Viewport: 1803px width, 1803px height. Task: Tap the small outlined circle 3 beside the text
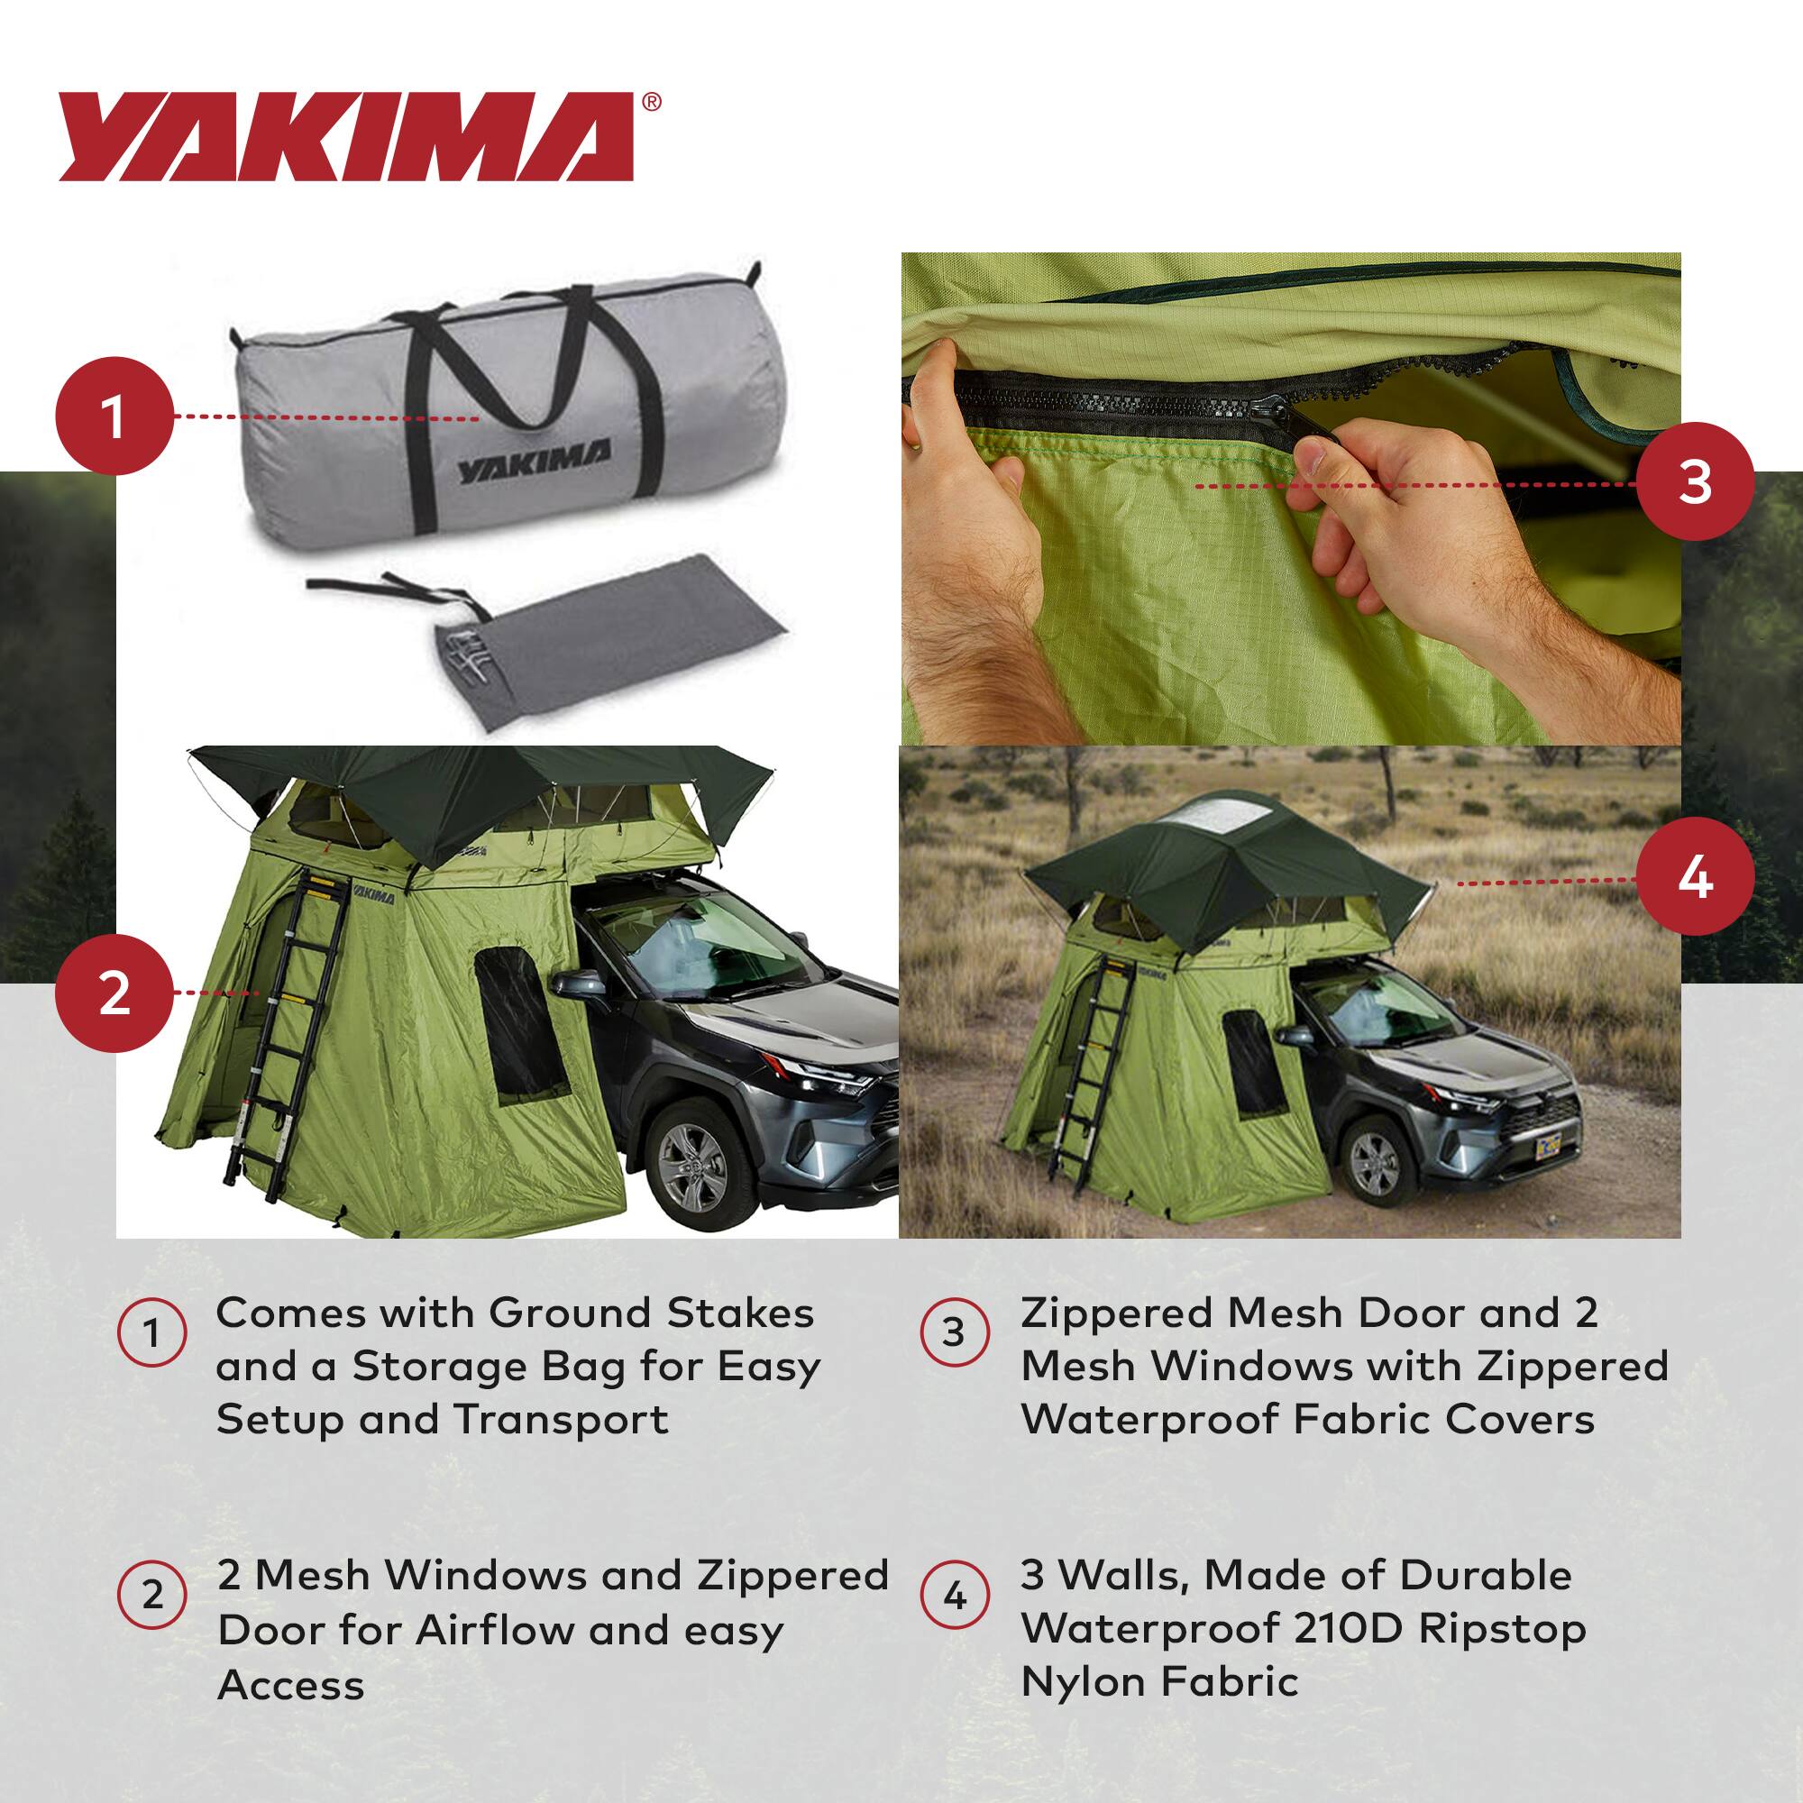point(954,1332)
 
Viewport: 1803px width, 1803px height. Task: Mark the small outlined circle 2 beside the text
point(152,1595)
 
